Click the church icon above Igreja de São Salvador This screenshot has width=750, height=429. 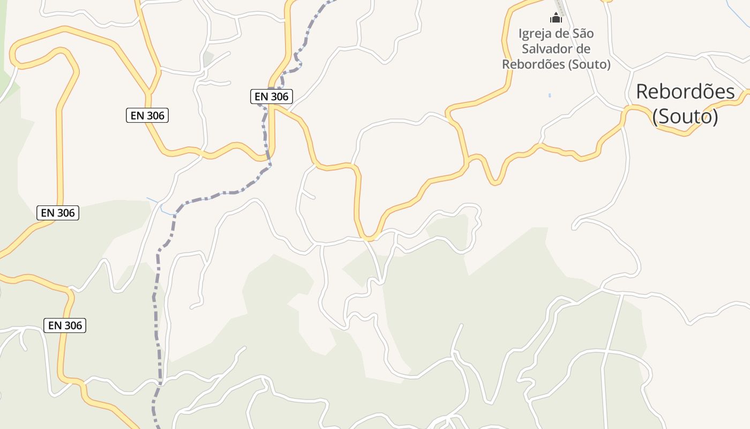click(x=556, y=17)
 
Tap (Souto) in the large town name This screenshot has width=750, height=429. click(x=685, y=116)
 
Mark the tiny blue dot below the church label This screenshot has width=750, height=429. click(x=550, y=95)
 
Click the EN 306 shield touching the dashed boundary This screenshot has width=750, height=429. click(x=271, y=97)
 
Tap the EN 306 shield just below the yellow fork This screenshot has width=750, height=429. click(x=147, y=115)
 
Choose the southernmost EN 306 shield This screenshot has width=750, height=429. click(x=65, y=325)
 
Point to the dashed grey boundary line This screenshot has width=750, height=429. click(x=157, y=300)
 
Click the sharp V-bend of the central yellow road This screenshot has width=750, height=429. click(x=369, y=236)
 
